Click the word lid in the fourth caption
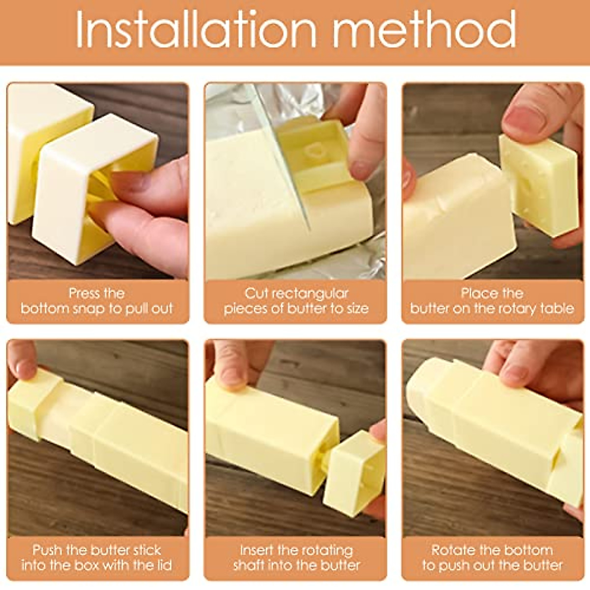[162, 565]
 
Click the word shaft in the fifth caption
[252, 565]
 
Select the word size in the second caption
[355, 309]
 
